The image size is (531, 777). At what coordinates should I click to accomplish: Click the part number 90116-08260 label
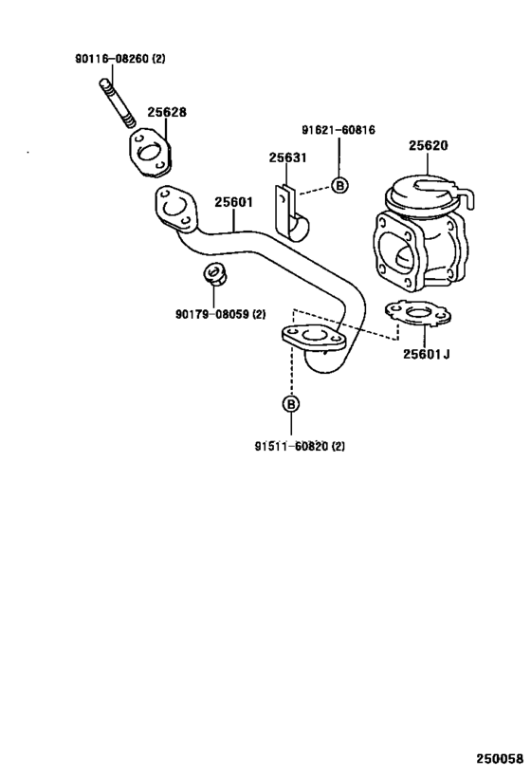[x=120, y=59]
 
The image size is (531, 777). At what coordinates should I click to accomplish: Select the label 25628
[x=166, y=112]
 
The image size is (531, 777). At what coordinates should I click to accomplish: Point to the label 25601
[x=232, y=202]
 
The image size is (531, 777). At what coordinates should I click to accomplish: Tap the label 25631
[x=286, y=157]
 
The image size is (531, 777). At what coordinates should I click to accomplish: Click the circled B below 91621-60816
[x=339, y=185]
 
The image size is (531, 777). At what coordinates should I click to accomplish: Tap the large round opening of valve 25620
[x=401, y=254]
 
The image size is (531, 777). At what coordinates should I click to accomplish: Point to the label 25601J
[x=425, y=355]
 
